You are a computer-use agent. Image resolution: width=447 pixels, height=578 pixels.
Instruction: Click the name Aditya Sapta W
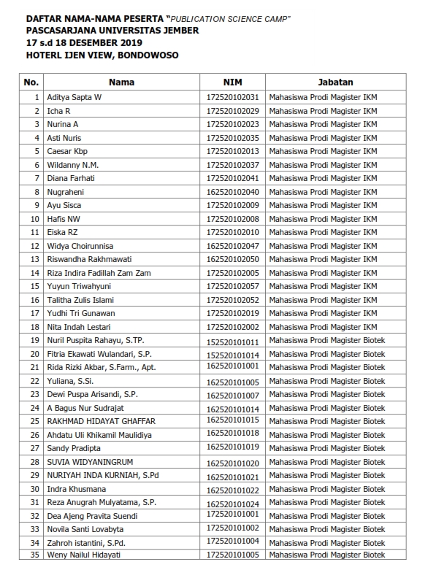click(74, 97)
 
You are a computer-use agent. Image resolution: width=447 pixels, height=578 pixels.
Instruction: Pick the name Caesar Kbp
click(67, 151)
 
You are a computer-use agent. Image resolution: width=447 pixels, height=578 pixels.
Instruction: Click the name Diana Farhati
click(71, 178)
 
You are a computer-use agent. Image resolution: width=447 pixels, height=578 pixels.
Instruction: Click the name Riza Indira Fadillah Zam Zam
click(96, 273)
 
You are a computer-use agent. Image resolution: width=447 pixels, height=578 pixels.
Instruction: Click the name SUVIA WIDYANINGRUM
click(92, 462)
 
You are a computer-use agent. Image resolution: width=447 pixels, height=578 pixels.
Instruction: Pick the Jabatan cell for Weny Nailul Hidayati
click(326, 555)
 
